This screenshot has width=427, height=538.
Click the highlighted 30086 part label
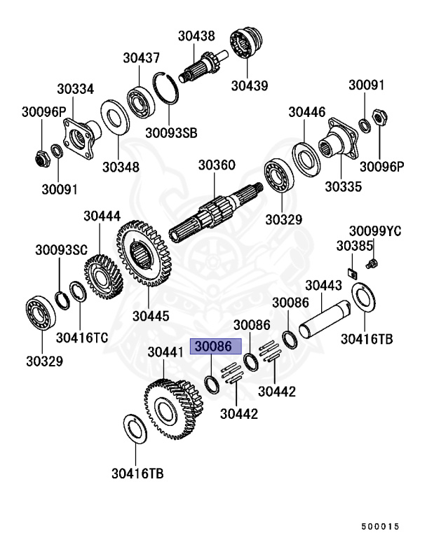(217, 346)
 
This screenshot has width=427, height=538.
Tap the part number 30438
(196, 38)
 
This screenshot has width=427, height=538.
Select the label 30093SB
(171, 132)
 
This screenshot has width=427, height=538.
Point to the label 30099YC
(375, 231)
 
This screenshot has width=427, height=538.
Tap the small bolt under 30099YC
(372, 263)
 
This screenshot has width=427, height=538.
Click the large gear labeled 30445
(144, 257)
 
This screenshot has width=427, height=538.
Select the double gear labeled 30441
(168, 407)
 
